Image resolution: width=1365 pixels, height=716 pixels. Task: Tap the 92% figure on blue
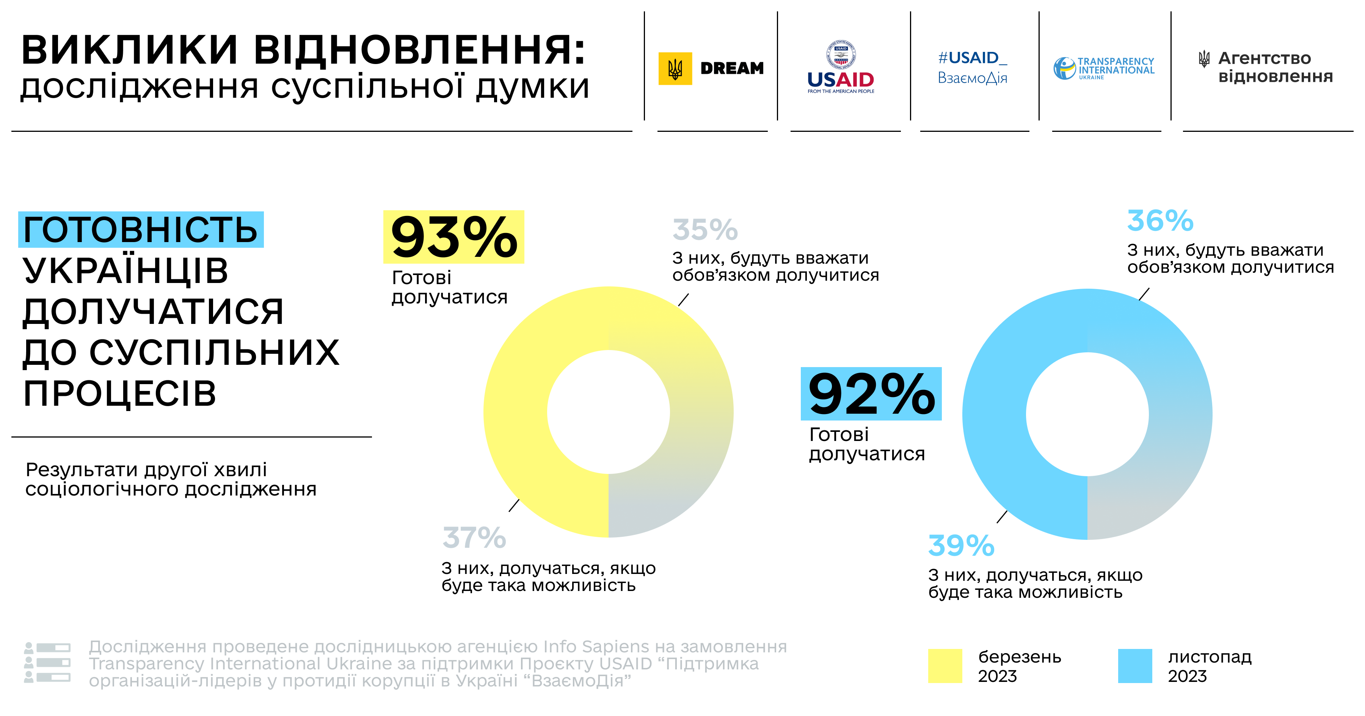(871, 394)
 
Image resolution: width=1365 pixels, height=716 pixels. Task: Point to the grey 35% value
(705, 230)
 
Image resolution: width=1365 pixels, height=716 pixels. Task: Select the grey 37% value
(474, 538)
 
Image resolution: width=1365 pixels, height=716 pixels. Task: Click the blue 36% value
(1160, 221)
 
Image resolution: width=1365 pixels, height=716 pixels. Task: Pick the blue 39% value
(961, 546)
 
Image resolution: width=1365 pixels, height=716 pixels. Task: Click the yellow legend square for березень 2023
(945, 666)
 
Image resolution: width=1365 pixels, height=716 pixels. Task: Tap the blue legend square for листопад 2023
(1135, 666)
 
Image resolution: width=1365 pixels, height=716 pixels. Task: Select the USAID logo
(840, 67)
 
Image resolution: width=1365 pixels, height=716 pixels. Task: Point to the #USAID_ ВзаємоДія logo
(972, 67)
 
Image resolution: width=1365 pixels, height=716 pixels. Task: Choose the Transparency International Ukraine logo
(1104, 68)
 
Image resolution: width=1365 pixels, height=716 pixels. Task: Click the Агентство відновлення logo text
(1274, 67)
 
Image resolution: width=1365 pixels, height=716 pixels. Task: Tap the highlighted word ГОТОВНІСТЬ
(140, 230)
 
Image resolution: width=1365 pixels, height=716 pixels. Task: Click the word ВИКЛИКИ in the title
(130, 50)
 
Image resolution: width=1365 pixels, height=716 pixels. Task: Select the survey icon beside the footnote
(47, 663)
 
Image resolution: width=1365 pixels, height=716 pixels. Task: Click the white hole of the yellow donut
(608, 412)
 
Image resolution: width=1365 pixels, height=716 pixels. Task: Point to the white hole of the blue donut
(1087, 414)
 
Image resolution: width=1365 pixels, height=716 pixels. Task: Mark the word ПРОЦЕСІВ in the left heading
(120, 394)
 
